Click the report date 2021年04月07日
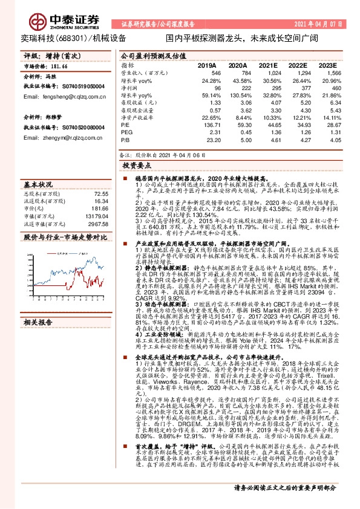click(x=326, y=24)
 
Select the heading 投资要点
click(x=136, y=164)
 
